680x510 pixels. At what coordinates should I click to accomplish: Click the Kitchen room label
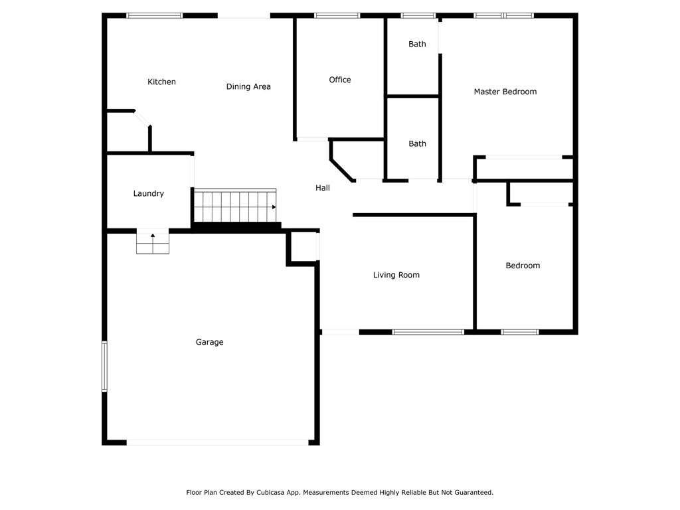point(161,82)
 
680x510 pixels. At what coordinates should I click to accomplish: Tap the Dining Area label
point(248,87)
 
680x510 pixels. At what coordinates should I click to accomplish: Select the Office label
point(340,80)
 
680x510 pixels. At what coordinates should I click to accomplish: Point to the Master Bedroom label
point(505,92)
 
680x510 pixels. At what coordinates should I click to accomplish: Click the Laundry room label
point(149,194)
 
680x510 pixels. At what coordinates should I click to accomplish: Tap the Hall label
point(323,188)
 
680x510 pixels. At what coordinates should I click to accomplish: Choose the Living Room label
point(396,275)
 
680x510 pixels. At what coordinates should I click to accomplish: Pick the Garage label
point(209,342)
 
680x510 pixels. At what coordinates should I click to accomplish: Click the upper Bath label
point(417,44)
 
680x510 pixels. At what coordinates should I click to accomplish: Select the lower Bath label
point(417,144)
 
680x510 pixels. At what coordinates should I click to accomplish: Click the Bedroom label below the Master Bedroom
point(523,266)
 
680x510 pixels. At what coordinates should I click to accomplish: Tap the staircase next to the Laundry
point(235,206)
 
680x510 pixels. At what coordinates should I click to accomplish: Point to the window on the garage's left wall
point(104,367)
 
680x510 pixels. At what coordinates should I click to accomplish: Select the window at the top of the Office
point(337,16)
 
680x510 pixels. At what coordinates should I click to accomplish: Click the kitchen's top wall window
point(154,16)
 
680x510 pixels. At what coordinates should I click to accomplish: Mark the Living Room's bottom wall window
point(428,332)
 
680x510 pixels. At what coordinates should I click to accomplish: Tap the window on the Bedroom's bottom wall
point(520,332)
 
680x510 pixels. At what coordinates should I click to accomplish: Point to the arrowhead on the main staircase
point(274,207)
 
